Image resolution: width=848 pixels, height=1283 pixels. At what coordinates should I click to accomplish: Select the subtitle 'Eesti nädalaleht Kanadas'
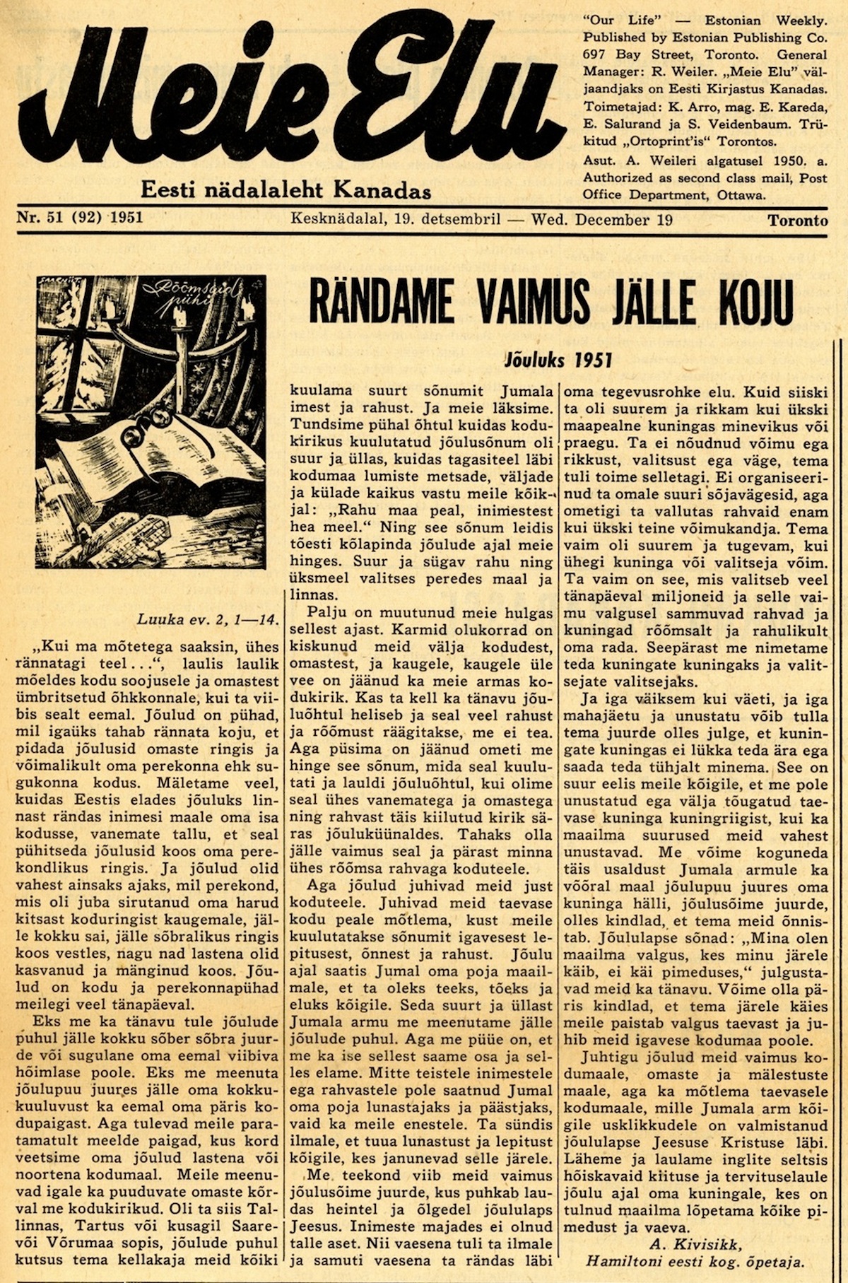pyautogui.click(x=285, y=190)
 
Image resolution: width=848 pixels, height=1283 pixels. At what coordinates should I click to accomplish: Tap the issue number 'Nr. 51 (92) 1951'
pyautogui.click(x=80, y=218)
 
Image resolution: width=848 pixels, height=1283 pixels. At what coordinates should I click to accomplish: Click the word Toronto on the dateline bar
pyautogui.click(x=798, y=221)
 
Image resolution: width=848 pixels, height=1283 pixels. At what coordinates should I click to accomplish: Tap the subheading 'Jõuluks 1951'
pyautogui.click(x=558, y=361)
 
